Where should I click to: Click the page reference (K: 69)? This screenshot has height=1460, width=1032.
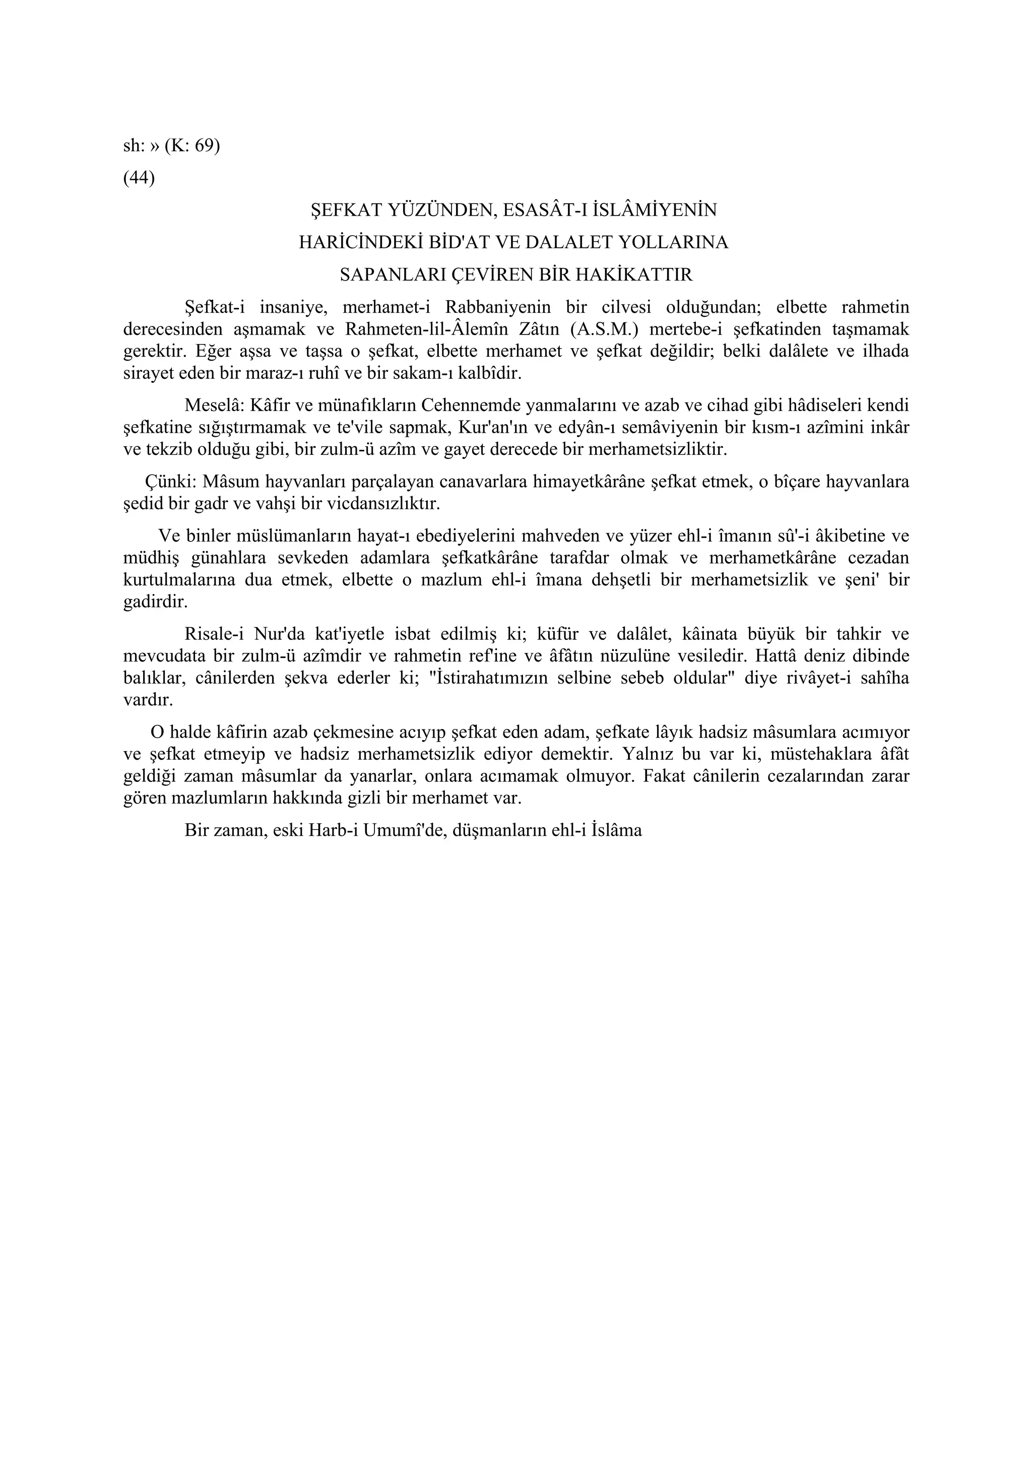(x=192, y=146)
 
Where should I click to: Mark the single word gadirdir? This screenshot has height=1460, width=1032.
(x=155, y=602)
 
